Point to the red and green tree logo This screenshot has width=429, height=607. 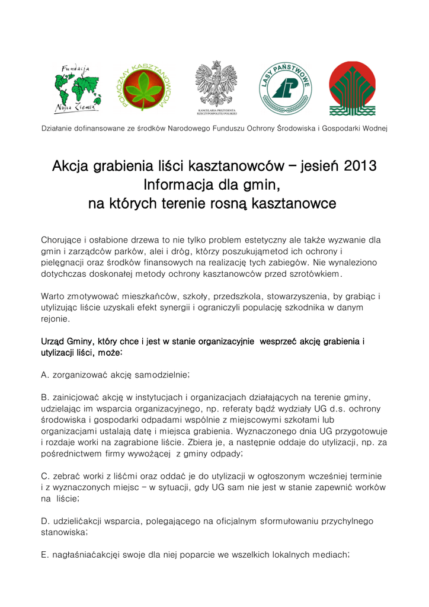tap(352, 88)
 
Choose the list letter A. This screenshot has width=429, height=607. tap(44, 375)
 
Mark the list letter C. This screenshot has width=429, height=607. tap(44, 476)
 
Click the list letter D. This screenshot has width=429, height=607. tap(44, 521)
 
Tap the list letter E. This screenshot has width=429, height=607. tap(44, 555)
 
